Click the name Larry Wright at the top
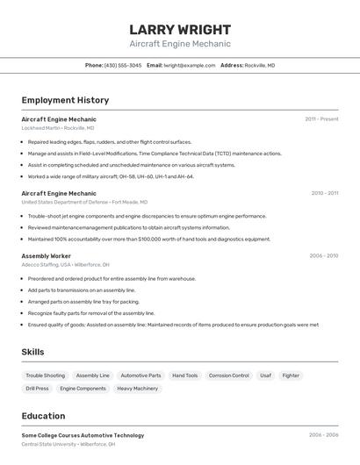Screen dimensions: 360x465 pyautogui.click(x=180, y=29)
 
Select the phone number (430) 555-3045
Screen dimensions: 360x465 pyautogui.click(x=123, y=65)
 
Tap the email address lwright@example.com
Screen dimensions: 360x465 pyautogui.click(x=189, y=65)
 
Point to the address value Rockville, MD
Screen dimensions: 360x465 pyautogui.click(x=260, y=65)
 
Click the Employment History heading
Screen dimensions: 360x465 pyautogui.click(x=65, y=100)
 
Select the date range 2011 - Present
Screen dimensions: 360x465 pyautogui.click(x=321, y=119)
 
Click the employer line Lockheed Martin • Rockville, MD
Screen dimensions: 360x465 pyautogui.click(x=58, y=128)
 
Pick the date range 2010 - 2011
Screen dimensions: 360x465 pyautogui.click(x=324, y=193)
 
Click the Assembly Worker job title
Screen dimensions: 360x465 pyautogui.click(x=47, y=256)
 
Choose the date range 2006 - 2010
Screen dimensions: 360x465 pyautogui.click(x=323, y=256)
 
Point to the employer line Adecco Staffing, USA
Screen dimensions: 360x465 pyautogui.click(x=66, y=265)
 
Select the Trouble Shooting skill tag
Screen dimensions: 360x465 pyautogui.click(x=45, y=376)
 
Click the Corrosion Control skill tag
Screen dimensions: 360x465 pyautogui.click(x=228, y=376)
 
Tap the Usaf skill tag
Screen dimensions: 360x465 pyautogui.click(x=265, y=376)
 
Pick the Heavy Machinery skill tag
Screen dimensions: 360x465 pyautogui.click(x=137, y=388)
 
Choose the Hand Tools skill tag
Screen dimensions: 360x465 pyautogui.click(x=184, y=376)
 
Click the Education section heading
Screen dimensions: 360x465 pyautogui.click(x=43, y=416)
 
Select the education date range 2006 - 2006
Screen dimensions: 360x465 pyautogui.click(x=323, y=435)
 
